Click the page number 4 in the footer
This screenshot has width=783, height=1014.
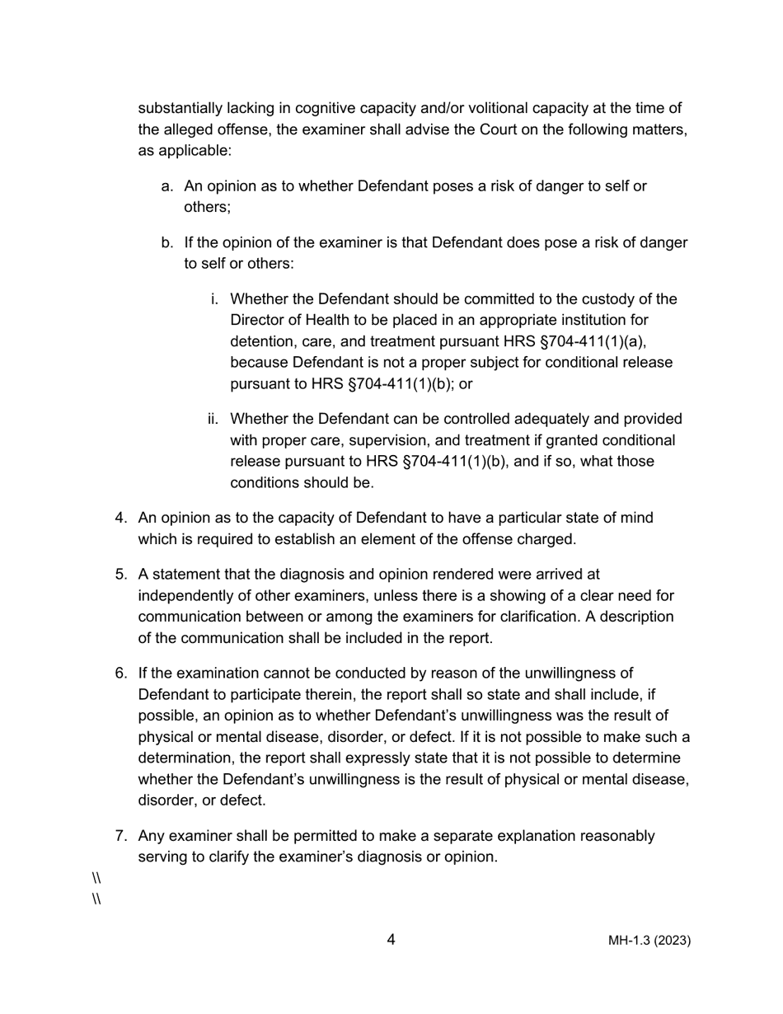pos(391,940)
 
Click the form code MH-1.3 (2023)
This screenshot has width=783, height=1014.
pos(649,941)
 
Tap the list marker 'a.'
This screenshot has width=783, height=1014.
pos(168,186)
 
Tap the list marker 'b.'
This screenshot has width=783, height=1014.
pos(168,243)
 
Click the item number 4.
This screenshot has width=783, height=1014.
pos(121,518)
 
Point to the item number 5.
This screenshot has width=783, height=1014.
pos(121,575)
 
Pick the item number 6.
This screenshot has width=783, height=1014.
pos(121,674)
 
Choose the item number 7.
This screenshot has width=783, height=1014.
pos(121,836)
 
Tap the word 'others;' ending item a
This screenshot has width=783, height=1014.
pos(207,207)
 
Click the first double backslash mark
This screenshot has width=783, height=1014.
pos(96,879)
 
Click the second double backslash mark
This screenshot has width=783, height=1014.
pos(96,899)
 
